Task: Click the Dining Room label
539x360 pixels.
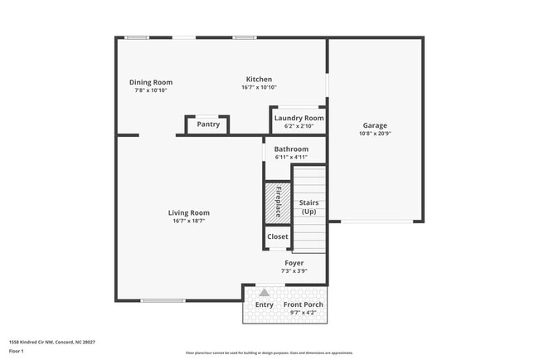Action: click(150, 82)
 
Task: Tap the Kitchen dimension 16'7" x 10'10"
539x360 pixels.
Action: click(259, 88)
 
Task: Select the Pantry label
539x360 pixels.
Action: click(208, 125)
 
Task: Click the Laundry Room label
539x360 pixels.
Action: click(299, 119)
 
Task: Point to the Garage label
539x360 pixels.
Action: click(374, 125)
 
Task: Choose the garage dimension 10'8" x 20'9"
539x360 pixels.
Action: click(374, 133)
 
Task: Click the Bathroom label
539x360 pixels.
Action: click(291, 149)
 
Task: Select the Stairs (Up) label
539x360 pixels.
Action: click(308, 207)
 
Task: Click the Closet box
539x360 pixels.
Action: click(278, 237)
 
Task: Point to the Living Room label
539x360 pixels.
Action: click(188, 212)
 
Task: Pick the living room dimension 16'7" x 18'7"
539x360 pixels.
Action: click(188, 221)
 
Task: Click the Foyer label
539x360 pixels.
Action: click(294, 263)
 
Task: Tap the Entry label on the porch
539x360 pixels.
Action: click(264, 305)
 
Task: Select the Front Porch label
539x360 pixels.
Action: click(303, 305)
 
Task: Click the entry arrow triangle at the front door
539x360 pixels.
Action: click(264, 292)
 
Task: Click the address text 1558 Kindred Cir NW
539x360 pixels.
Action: click(51, 341)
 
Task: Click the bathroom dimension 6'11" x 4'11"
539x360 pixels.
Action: click(291, 157)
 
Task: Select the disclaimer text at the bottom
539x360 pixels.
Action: click(269, 353)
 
